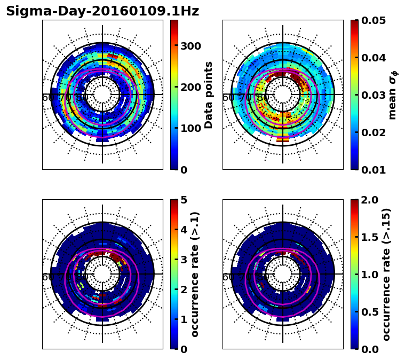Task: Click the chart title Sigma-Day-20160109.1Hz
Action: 102,11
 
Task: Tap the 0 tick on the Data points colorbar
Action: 183,170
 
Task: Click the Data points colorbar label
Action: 209,95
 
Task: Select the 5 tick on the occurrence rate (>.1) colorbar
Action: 183,200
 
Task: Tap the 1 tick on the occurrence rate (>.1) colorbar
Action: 183,319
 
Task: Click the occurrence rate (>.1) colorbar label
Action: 195,274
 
